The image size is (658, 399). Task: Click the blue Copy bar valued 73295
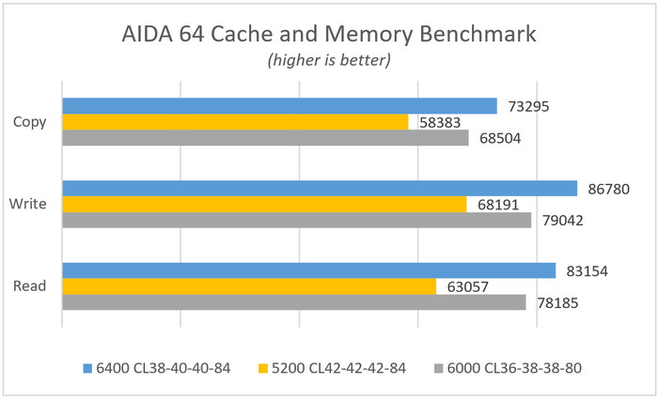tap(279, 106)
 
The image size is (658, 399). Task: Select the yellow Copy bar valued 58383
tap(235, 122)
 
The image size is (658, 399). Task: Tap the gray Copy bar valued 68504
tap(265, 138)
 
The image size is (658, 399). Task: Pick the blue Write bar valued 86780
tap(320, 189)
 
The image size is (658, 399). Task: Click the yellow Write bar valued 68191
tap(264, 205)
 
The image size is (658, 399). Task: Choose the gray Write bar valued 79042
tap(296, 221)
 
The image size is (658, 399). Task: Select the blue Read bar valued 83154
tap(309, 271)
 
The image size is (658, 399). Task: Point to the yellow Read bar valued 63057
tap(249, 286)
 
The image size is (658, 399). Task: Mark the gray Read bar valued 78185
tap(293, 302)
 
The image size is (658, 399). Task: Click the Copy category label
tap(33, 122)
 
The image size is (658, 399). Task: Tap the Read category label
tap(33, 286)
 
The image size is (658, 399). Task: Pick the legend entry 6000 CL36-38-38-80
tap(514, 368)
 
